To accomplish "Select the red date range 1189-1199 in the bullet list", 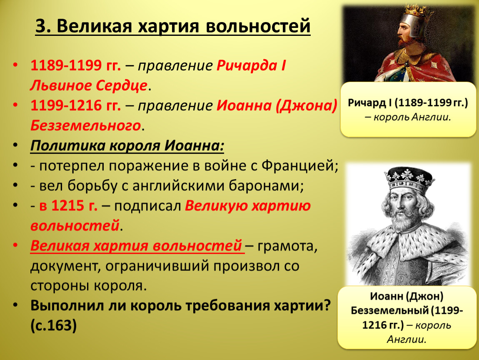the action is coord(66,65).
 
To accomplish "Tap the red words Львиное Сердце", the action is coord(89,85).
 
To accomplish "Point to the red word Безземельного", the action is coord(85,125).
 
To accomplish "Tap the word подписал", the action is coord(147,206).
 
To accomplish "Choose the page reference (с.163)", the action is coord(53,325).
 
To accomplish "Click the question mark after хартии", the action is coord(327,305).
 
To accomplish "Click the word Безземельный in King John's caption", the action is coord(389,310).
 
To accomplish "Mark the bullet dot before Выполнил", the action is coord(15,305).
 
